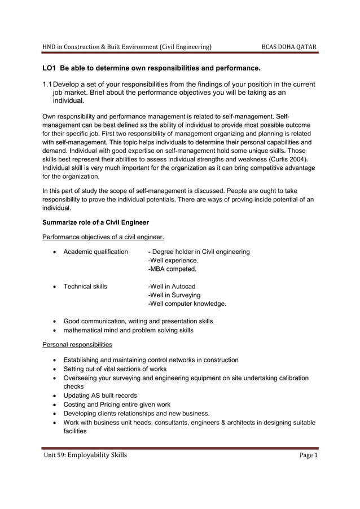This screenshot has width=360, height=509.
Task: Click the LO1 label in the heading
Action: click(49, 69)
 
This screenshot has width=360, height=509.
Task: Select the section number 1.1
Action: click(47, 85)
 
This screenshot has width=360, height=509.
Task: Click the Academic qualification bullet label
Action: click(95, 252)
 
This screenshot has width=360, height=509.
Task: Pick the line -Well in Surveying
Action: click(174, 295)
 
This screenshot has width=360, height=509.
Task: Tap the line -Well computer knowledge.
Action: click(187, 304)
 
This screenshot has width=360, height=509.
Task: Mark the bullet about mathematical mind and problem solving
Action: click(128, 330)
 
